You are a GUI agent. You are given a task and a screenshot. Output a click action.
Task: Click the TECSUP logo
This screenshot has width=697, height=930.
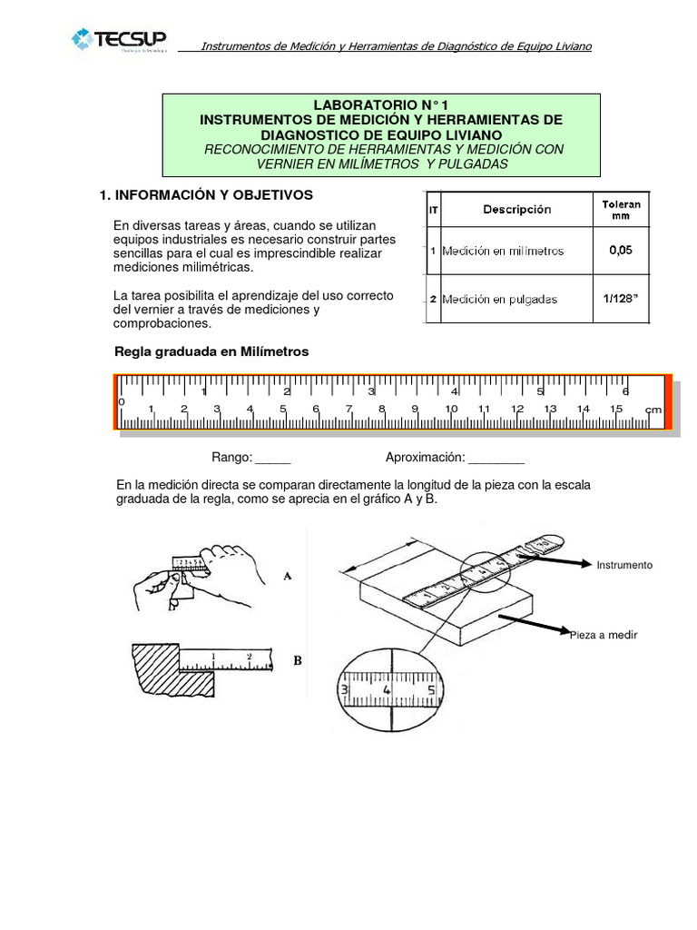pyautogui.click(x=120, y=40)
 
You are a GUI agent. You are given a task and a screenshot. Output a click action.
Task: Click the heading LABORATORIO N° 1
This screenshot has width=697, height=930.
pyautogui.click(x=380, y=105)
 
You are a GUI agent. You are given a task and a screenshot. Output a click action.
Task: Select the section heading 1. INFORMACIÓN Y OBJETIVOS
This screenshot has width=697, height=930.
pyautogui.click(x=205, y=194)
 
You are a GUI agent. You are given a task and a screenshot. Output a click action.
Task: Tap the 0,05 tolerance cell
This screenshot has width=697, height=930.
pyautogui.click(x=621, y=251)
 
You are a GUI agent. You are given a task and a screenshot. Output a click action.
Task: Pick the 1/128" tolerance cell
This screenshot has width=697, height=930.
pyautogui.click(x=621, y=299)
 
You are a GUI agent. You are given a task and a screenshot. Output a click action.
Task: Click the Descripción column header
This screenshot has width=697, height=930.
pyautogui.click(x=516, y=210)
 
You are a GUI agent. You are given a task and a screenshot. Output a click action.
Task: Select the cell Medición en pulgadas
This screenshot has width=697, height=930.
pyautogui.click(x=499, y=299)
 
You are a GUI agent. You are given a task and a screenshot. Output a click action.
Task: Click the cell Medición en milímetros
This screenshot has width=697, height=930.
pyautogui.click(x=503, y=251)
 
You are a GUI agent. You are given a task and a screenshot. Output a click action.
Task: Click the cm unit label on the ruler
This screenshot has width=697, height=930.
pyautogui.click(x=653, y=410)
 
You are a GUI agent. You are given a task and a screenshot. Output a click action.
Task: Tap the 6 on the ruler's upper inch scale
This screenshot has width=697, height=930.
pyautogui.click(x=624, y=391)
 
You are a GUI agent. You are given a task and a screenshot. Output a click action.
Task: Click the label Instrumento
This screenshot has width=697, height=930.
pyautogui.click(x=623, y=565)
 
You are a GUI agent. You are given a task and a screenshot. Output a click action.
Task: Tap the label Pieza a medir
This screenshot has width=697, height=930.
pyautogui.click(x=604, y=635)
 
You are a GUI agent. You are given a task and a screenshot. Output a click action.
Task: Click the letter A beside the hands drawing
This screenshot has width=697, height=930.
pyautogui.click(x=287, y=576)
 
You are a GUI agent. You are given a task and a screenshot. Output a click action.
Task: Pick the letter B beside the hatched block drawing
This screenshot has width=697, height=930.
pyautogui.click(x=297, y=661)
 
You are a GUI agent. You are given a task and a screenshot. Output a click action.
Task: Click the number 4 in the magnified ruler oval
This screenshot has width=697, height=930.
pyautogui.click(x=388, y=689)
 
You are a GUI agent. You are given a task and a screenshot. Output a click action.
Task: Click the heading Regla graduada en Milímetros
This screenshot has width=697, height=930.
pyautogui.click(x=211, y=351)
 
